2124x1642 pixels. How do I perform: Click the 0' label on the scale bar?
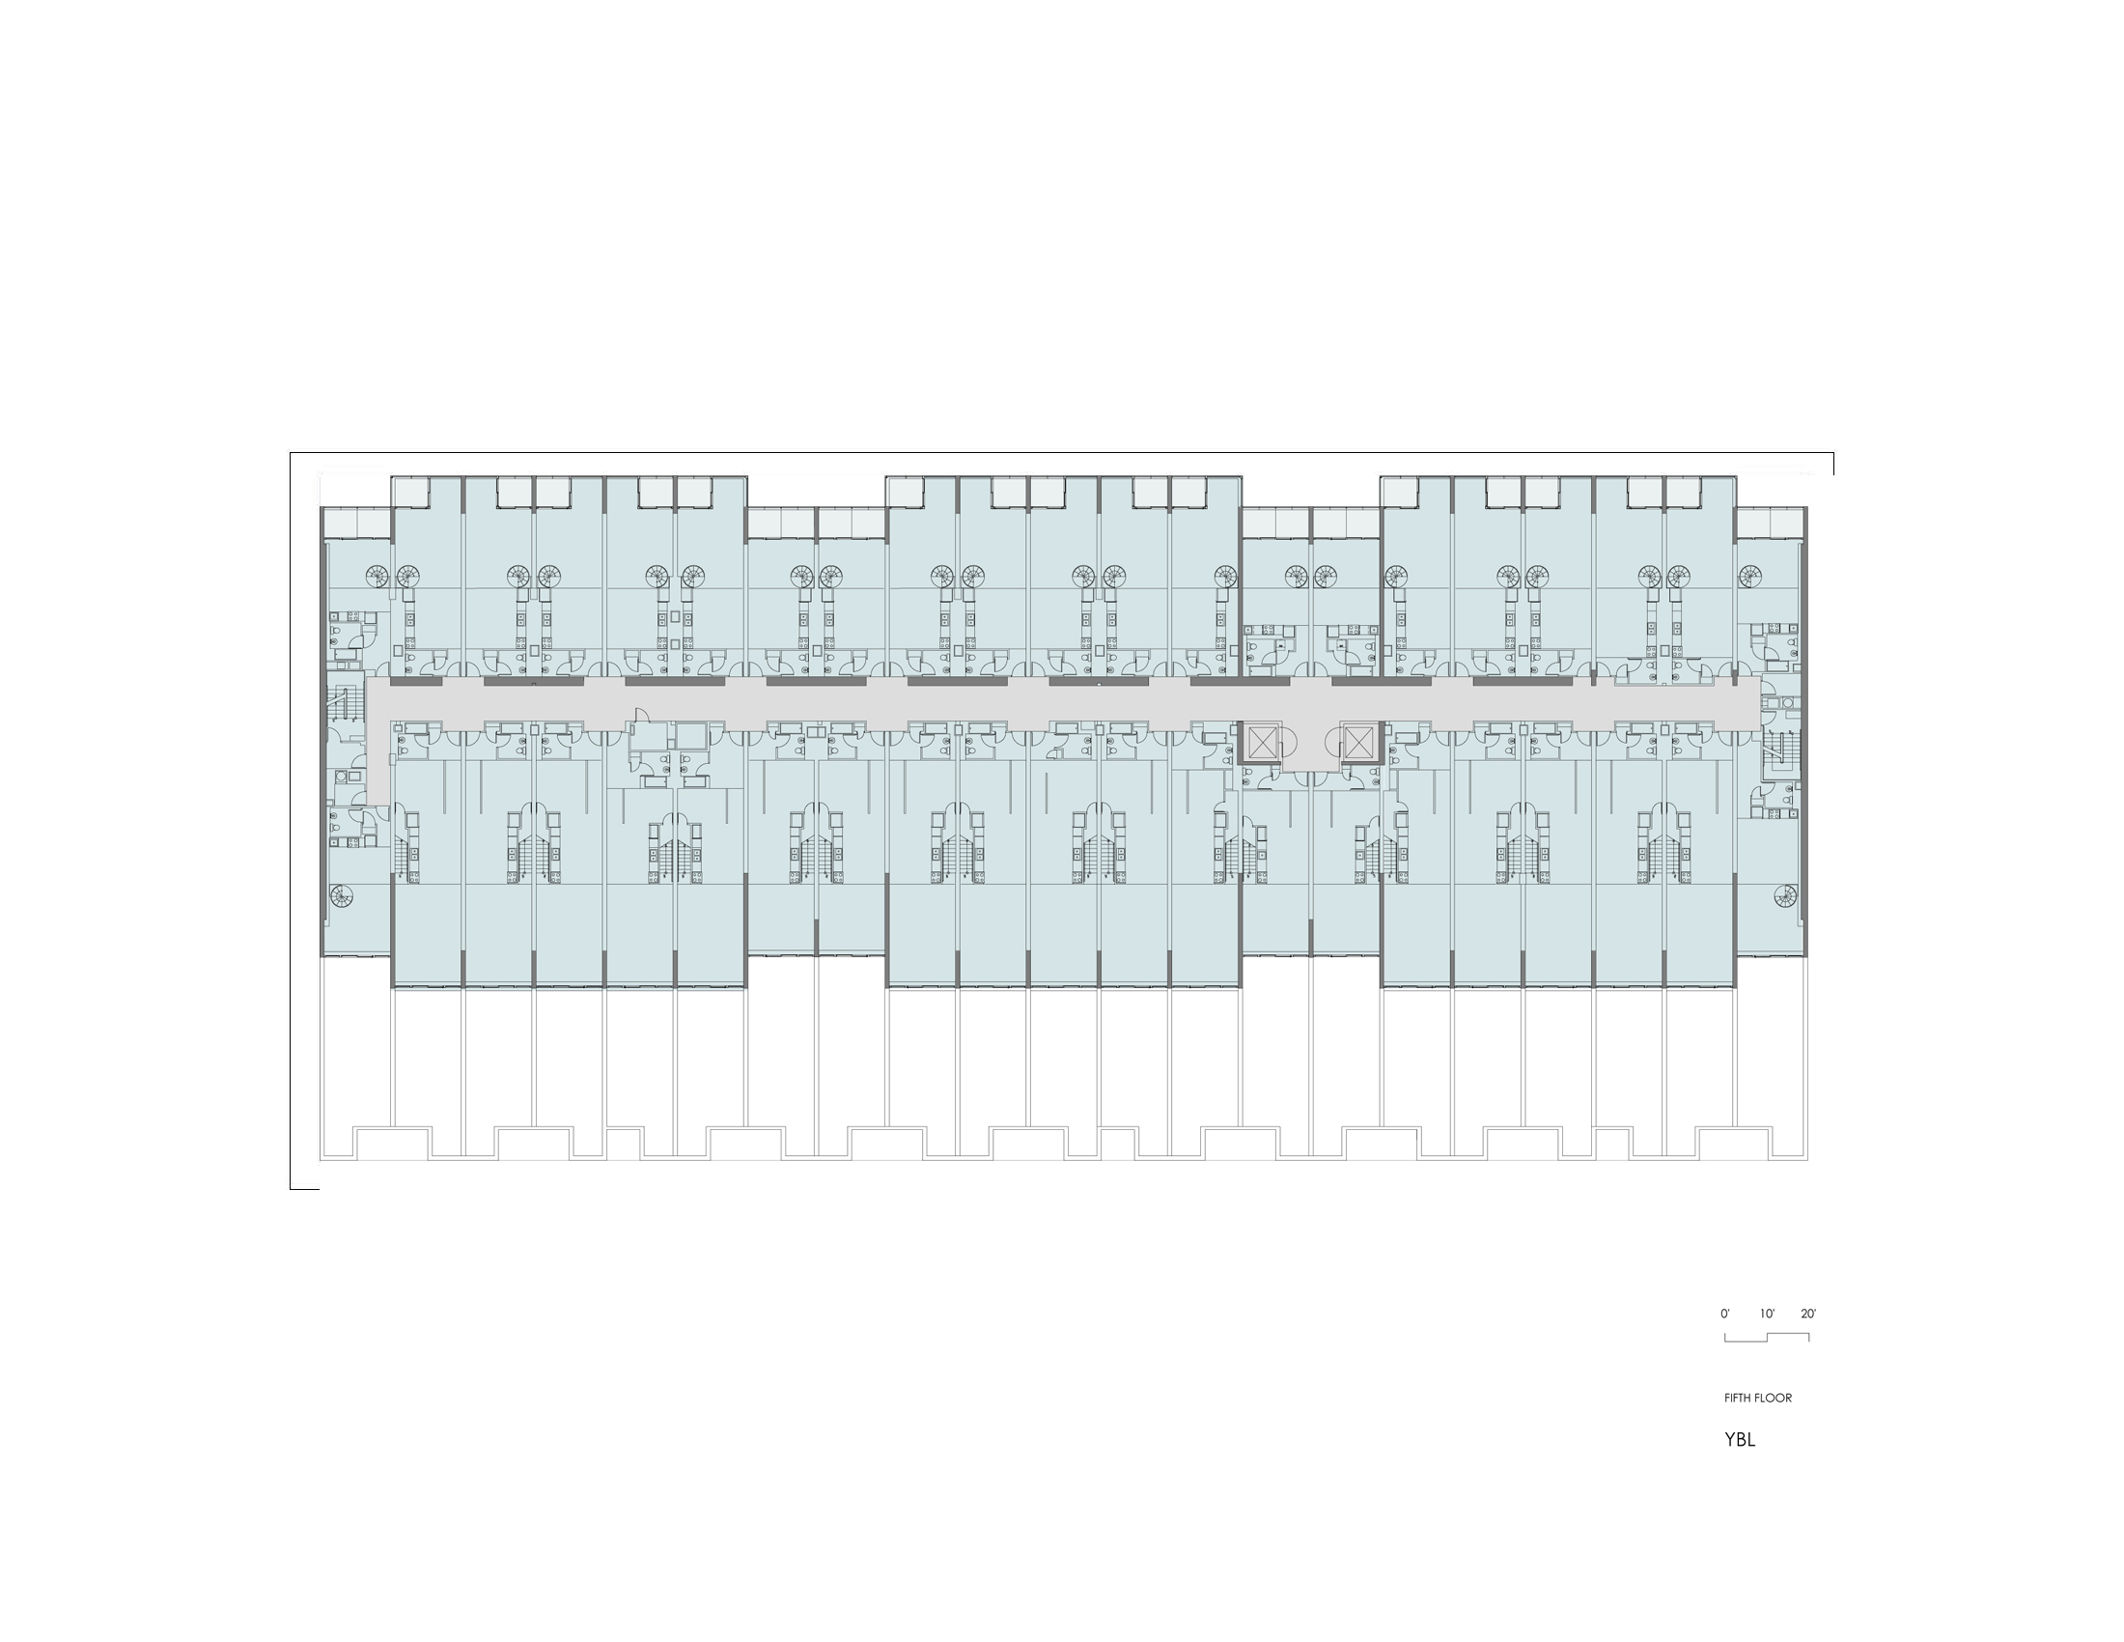pos(1725,1314)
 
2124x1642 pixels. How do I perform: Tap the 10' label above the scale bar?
pos(1767,1314)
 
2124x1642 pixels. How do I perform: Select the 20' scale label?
pos(1808,1314)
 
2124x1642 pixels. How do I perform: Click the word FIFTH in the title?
pos(1737,1398)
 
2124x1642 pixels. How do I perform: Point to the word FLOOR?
pos(1773,1398)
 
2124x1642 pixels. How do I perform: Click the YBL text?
pos(1740,1440)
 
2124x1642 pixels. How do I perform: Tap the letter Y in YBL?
pos(1730,1440)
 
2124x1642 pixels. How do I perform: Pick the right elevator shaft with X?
pos(1356,742)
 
